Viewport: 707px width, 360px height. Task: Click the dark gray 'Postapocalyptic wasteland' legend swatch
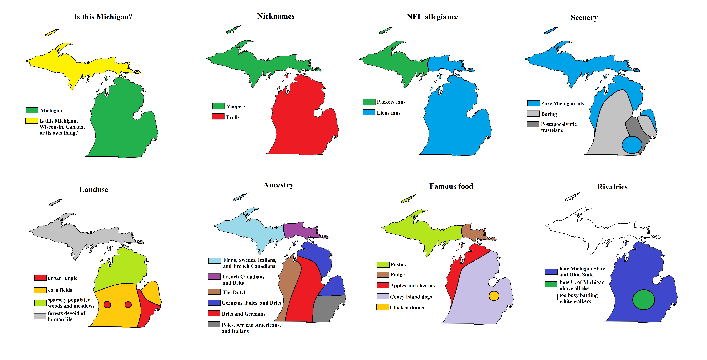(x=533, y=124)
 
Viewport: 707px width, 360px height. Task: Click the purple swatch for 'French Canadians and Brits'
(x=214, y=277)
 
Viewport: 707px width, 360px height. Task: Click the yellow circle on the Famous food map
(x=494, y=296)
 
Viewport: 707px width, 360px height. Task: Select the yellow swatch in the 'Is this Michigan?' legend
(x=32, y=121)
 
